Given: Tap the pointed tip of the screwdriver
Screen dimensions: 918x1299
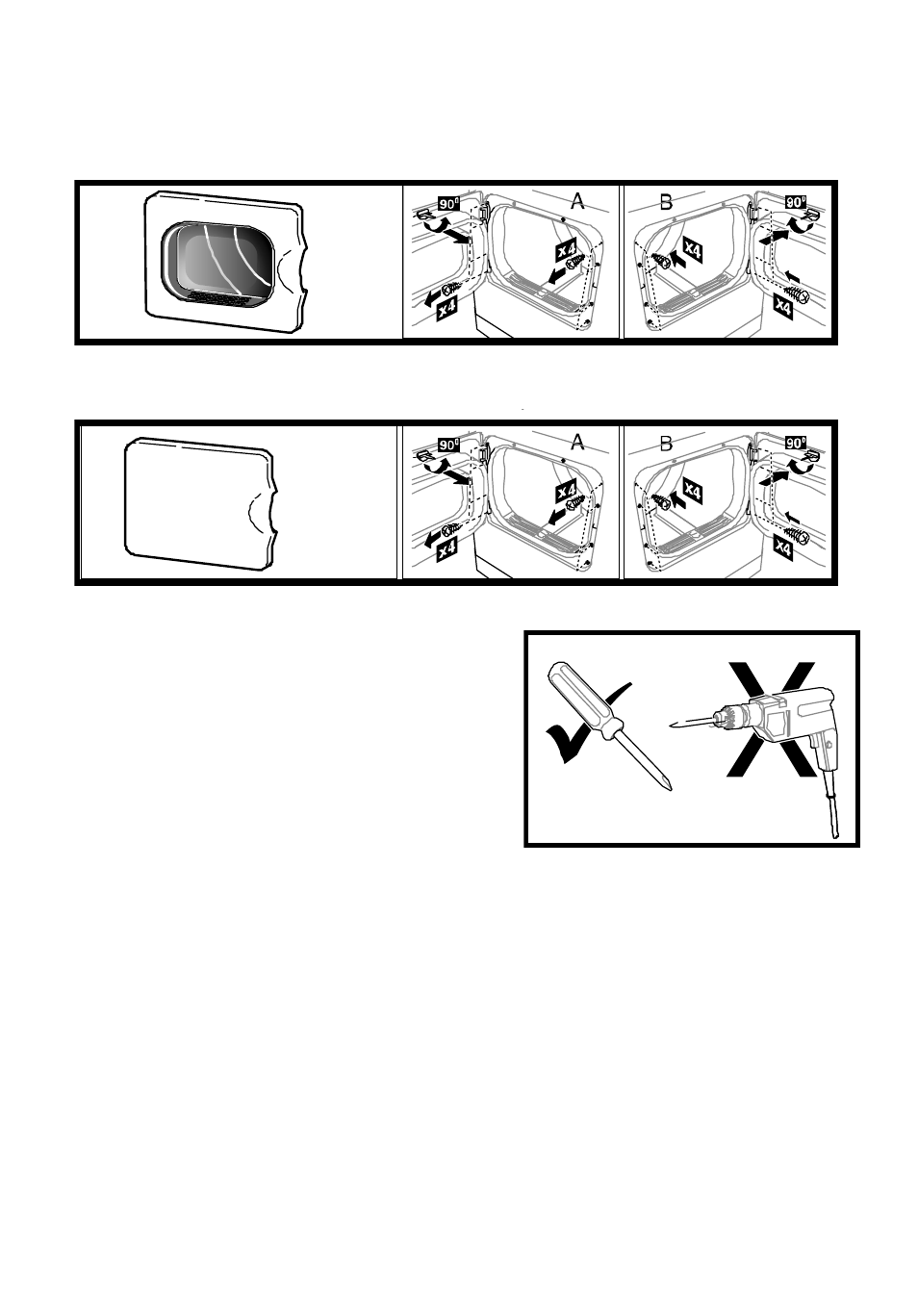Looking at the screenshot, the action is [671, 789].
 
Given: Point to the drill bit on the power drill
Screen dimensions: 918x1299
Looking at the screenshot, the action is [691, 723].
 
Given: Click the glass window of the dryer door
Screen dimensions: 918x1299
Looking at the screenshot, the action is [224, 258].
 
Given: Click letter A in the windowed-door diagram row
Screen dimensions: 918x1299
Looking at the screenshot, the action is [577, 201].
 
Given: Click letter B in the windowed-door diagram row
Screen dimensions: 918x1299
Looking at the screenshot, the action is [666, 202].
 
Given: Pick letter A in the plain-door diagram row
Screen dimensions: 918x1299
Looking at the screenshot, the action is [577, 442].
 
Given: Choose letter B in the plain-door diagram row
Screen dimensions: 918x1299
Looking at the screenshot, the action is [666, 445].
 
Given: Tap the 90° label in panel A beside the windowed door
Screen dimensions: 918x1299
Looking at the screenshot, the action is [448, 204].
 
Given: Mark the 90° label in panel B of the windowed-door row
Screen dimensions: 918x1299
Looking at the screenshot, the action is [796, 202].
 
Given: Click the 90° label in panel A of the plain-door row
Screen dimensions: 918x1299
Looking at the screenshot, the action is [448, 446].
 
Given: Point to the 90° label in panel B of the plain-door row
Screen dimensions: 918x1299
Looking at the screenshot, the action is [796, 443].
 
